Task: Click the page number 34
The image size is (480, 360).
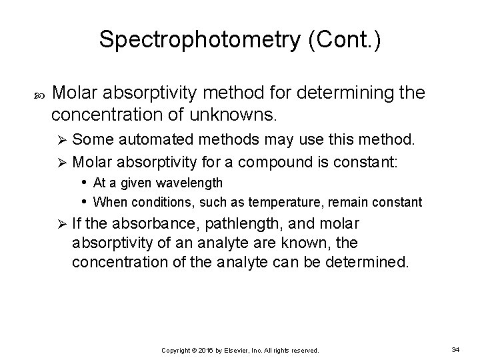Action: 456,349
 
